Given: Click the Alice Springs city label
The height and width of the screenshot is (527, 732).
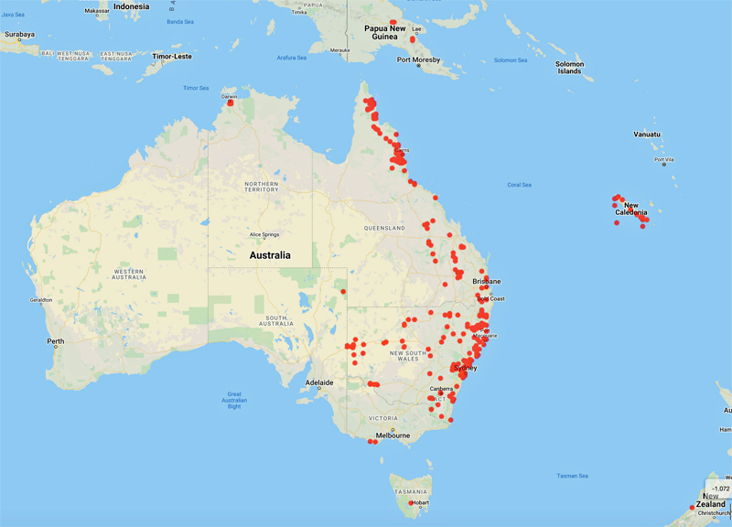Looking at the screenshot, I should click(270, 234).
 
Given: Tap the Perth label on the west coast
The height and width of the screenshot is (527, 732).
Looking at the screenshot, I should click(56, 341).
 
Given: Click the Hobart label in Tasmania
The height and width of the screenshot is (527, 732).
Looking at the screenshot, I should click(420, 502).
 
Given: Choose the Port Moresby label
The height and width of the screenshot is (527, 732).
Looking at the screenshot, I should click(418, 60).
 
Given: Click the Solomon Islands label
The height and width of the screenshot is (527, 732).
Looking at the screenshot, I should click(569, 67).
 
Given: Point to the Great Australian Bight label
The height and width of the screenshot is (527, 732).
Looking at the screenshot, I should click(235, 400).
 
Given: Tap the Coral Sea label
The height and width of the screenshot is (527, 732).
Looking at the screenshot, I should click(520, 185).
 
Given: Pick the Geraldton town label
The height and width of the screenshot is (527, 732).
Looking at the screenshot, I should click(41, 299).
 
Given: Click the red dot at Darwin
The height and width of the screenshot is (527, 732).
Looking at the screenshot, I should click(231, 102).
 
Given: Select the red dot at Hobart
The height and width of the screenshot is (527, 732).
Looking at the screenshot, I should click(412, 502).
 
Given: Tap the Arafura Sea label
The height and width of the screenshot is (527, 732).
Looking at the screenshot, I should click(292, 58).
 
